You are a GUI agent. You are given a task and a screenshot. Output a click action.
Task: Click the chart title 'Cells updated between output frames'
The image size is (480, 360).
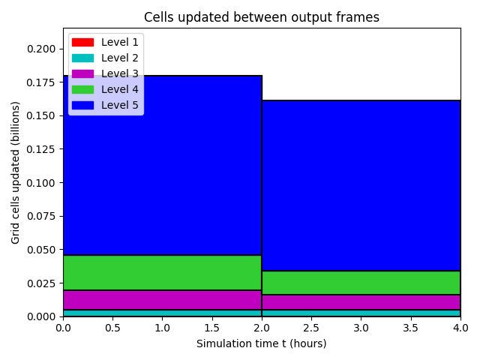tap(262, 17)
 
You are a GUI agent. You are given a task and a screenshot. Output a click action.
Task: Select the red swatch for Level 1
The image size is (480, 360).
tap(82, 42)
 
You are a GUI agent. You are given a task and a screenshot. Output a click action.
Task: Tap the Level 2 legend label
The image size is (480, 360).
tap(120, 58)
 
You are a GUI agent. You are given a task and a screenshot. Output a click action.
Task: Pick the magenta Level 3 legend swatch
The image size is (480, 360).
tap(82, 73)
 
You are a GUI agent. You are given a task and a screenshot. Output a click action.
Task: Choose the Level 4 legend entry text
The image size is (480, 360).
tap(120, 89)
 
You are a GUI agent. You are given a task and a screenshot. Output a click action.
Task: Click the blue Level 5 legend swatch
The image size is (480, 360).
tap(82, 105)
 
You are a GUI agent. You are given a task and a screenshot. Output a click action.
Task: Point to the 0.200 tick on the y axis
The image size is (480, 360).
tap(41, 49)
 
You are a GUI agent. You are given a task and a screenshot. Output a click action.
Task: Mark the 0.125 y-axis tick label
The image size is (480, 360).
tap(41, 149)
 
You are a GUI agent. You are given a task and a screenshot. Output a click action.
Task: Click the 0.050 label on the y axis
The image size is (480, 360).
tap(41, 250)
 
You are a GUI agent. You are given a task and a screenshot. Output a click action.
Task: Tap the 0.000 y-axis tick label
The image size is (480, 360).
tap(41, 316)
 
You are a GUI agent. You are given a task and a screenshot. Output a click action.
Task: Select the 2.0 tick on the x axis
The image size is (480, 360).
tap(262, 328)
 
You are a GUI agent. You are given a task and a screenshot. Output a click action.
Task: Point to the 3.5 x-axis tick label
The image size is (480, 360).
tap(410, 328)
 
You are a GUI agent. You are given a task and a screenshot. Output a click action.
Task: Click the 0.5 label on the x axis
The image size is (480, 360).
tap(112, 328)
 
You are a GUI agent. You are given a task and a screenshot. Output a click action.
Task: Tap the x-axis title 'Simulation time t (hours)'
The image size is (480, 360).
tap(262, 343)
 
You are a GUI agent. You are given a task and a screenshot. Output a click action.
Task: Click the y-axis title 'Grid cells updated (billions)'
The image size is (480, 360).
tap(15, 172)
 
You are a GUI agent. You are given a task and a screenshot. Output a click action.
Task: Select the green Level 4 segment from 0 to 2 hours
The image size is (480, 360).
tap(162, 272)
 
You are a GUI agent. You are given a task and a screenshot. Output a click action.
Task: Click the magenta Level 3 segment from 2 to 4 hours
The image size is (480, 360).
tap(361, 302)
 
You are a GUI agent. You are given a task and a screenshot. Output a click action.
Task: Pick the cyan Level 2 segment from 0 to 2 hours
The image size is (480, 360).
tap(162, 313)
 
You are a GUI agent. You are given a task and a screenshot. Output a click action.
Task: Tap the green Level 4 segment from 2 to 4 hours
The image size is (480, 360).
tap(361, 283)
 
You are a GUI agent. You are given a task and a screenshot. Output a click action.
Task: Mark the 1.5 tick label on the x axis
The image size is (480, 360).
tap(211, 328)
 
